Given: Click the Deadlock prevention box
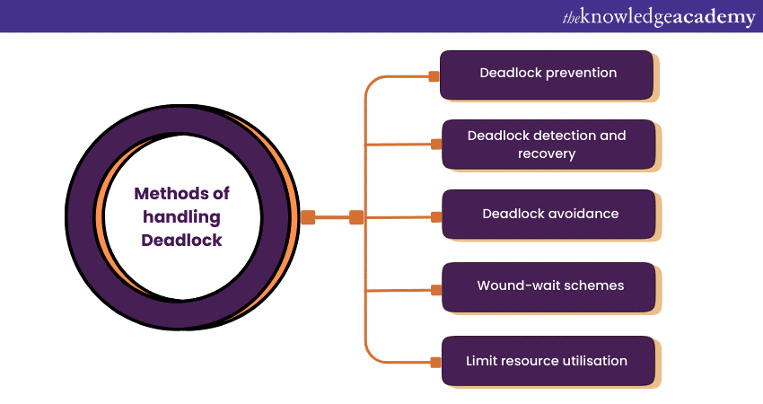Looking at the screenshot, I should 548,74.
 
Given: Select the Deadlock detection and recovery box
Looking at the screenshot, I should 548,144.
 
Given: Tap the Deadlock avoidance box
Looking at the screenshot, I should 548,214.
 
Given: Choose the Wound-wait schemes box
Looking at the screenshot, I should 548,286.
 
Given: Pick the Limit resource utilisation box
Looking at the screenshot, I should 548,360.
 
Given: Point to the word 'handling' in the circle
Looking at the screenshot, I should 181,216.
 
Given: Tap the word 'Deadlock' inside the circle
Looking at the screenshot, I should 181,240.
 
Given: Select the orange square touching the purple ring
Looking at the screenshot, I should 308,216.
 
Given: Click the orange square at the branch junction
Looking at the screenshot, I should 356,216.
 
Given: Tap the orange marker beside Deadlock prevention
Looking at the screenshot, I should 434,76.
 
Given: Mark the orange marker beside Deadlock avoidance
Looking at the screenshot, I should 436,216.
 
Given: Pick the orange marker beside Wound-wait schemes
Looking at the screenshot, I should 436,290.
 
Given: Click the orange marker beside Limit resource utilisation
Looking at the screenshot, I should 436,362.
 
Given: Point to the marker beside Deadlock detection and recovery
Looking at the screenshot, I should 436,144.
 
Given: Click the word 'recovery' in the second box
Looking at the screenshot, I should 547,154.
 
